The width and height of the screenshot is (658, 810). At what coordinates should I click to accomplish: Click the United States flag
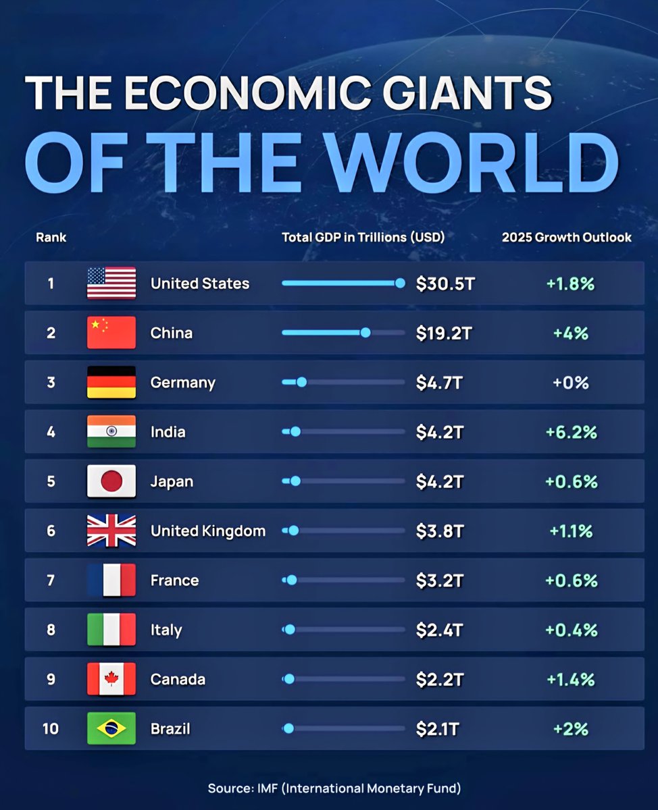pyautogui.click(x=111, y=283)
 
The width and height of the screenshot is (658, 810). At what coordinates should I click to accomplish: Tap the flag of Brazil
pyautogui.click(x=111, y=729)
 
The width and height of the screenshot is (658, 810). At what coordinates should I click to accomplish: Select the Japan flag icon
pyautogui.click(x=111, y=481)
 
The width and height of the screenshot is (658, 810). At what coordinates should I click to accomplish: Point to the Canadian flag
pyautogui.click(x=111, y=679)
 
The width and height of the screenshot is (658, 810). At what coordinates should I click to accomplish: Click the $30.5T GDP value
pyautogui.click(x=445, y=283)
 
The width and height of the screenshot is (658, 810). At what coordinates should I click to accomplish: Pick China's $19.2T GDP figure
pyautogui.click(x=443, y=333)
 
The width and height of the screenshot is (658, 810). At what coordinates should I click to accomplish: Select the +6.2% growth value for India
pyautogui.click(x=571, y=432)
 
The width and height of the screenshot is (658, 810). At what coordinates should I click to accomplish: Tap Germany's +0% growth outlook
pyautogui.click(x=571, y=383)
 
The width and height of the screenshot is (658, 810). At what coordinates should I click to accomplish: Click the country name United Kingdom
pyautogui.click(x=208, y=531)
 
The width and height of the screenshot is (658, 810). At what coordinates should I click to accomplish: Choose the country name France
pyautogui.click(x=174, y=580)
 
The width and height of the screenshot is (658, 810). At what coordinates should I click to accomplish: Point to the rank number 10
pyautogui.click(x=51, y=729)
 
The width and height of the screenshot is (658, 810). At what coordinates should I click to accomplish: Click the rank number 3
pyautogui.click(x=51, y=383)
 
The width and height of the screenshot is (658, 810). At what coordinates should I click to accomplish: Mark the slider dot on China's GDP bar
pyautogui.click(x=365, y=333)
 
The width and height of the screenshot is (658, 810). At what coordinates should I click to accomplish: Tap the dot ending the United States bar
pyautogui.click(x=400, y=283)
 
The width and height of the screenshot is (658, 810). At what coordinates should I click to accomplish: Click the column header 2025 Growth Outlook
pyautogui.click(x=567, y=237)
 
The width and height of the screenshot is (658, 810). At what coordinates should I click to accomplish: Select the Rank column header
pyautogui.click(x=51, y=237)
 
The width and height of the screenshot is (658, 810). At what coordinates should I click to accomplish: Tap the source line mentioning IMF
pyautogui.click(x=334, y=788)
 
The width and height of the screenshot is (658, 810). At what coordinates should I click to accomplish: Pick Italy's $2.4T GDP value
pyautogui.click(x=440, y=630)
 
